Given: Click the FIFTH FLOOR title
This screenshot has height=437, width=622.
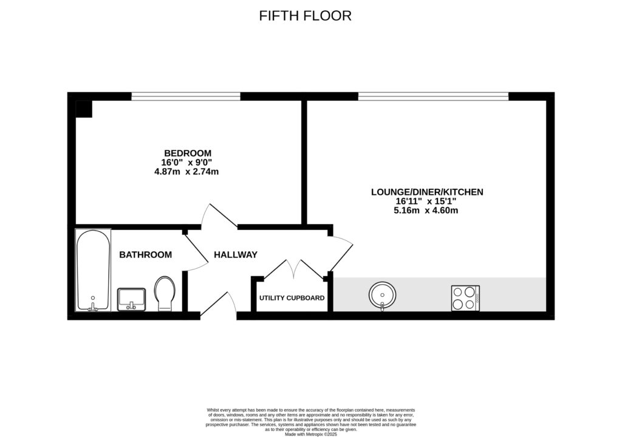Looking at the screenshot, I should tap(305, 16).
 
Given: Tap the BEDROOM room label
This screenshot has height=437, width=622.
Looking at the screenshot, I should tap(187, 153).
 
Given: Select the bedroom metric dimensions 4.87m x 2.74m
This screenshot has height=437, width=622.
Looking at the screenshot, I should tap(187, 172).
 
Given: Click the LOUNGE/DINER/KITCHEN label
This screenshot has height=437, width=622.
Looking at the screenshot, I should tap(427, 192).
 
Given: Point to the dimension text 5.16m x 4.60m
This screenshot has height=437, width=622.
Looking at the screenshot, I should tap(427, 211).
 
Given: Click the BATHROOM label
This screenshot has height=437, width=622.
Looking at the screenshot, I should tap(145, 255).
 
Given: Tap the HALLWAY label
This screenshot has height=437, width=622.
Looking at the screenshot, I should tap(236, 255).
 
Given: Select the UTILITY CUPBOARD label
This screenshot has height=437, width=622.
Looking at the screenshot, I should tap(292, 298).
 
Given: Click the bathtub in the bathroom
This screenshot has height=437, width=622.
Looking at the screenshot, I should tap(93, 270).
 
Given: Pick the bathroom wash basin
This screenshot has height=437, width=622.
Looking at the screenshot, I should tap(131, 299).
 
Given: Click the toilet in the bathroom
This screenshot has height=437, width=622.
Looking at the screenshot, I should tap(164, 294).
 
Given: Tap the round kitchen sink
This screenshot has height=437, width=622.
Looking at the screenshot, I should tap(382, 296).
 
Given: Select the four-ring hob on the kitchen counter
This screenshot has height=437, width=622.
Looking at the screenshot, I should tap(465, 298).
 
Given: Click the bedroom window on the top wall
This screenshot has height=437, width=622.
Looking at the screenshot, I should tap(186, 96).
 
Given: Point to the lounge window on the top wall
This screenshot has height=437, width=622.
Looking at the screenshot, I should tap(433, 96).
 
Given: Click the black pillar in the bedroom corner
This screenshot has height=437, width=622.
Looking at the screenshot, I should tap(83, 109).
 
